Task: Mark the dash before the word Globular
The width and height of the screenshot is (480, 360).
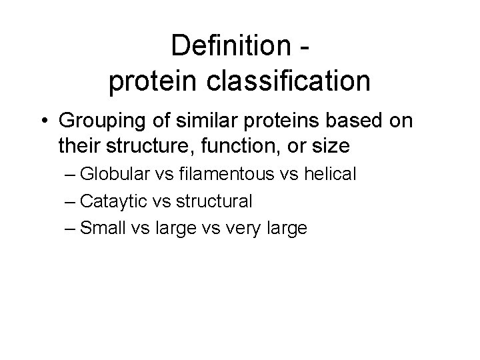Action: pyautogui.click(x=71, y=175)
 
